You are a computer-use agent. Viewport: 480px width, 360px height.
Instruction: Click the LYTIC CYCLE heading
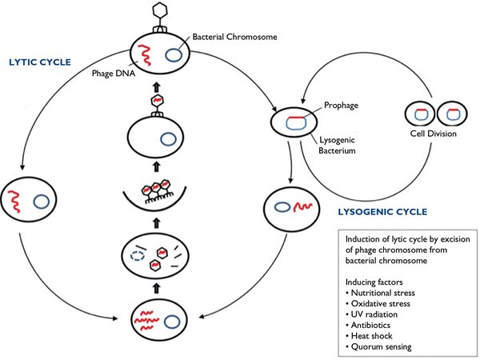point(41,61)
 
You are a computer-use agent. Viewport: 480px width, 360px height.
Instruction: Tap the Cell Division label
point(434,134)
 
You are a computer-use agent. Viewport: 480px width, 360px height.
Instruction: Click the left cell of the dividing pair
point(418,112)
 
